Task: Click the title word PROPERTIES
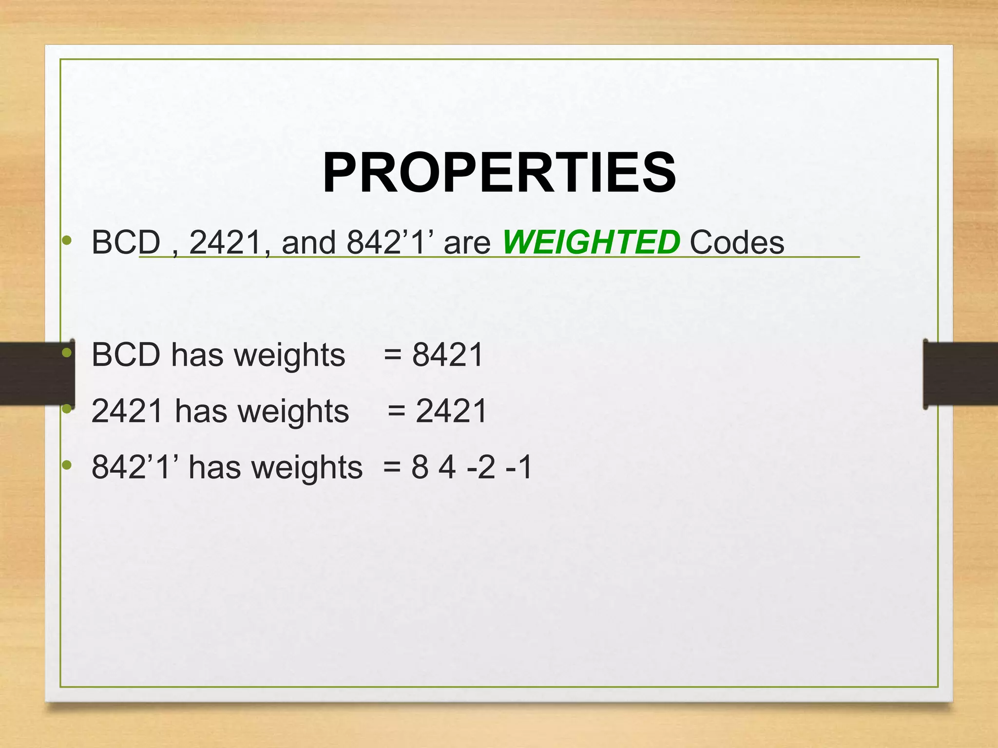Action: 499,173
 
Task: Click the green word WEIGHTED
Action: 591,242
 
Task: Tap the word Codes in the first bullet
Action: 737,242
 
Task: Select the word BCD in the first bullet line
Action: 126,242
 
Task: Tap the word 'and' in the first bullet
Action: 308,242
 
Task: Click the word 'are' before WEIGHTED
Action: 467,243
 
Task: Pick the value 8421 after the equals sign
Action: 447,355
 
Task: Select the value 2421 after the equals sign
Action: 451,411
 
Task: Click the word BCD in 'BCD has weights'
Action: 126,355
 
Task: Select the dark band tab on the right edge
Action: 960,374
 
